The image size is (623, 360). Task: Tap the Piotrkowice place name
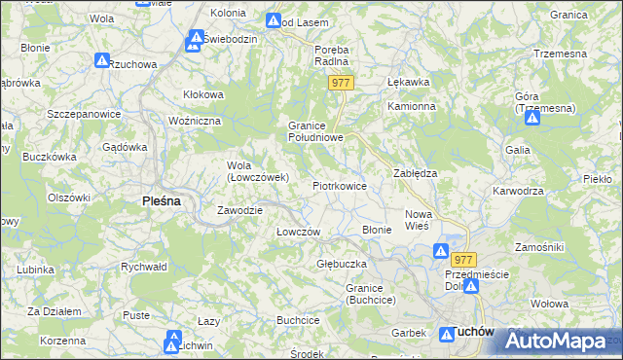click(339, 185)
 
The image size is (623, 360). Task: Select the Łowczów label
click(298, 232)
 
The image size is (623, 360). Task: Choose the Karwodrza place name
click(517, 191)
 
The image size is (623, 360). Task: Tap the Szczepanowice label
click(83, 114)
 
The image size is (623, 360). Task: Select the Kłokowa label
click(204, 94)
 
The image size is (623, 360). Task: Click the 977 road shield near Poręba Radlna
click(340, 84)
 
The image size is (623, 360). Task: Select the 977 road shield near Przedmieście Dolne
click(463, 259)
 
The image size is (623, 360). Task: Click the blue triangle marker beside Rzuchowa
click(102, 60)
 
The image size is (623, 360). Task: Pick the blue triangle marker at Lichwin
click(174, 339)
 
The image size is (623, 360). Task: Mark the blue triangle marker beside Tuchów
click(450, 333)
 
